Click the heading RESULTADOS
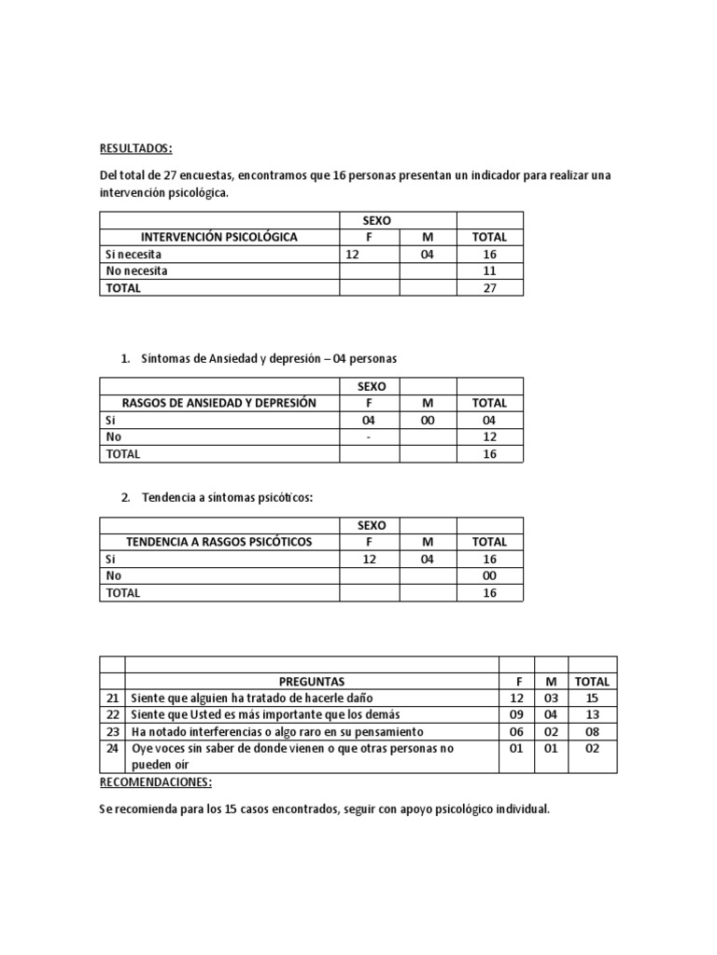(135, 149)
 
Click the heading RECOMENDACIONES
(155, 782)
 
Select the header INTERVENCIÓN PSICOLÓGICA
(219, 237)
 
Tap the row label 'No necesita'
(137, 271)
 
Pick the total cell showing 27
(489, 288)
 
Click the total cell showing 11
(489, 271)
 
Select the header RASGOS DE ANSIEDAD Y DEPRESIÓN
(219, 403)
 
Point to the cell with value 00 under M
(428, 421)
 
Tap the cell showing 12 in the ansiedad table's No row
(489, 437)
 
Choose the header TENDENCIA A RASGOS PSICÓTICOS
(219, 542)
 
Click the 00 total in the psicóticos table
(489, 576)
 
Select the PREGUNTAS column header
(312, 682)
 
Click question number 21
(112, 699)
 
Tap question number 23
(112, 732)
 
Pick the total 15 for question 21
(592, 699)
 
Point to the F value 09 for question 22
(517, 715)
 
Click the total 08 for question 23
(592, 732)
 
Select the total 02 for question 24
(592, 749)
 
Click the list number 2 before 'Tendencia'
(125, 498)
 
